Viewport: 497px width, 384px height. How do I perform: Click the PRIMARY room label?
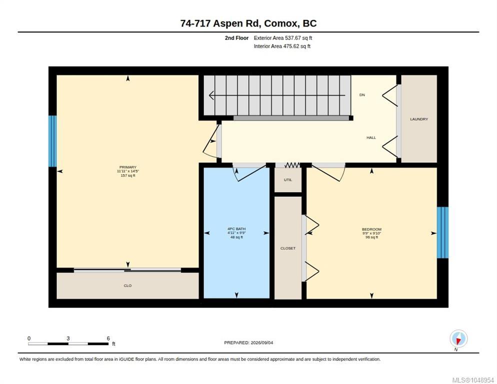click(x=127, y=167)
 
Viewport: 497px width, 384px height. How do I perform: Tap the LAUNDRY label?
click(x=419, y=119)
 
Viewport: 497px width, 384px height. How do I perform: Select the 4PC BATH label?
click(x=236, y=229)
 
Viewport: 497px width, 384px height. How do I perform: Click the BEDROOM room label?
click(x=372, y=229)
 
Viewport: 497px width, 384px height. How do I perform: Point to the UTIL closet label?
click(x=288, y=180)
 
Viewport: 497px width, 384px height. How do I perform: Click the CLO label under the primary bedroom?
click(x=127, y=285)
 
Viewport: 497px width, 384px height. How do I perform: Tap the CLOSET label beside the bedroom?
click(x=288, y=248)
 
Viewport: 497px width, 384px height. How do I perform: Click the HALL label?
click(x=371, y=137)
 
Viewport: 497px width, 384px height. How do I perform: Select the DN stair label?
click(x=362, y=95)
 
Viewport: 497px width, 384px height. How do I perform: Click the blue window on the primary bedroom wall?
click(x=52, y=141)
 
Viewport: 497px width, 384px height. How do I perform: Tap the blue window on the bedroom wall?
click(x=442, y=232)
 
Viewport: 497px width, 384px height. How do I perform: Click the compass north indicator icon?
click(x=458, y=338)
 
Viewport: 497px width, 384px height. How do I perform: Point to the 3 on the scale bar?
click(x=68, y=338)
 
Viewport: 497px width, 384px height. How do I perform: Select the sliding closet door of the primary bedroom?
click(x=127, y=270)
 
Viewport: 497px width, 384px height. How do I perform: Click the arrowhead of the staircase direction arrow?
click(x=211, y=95)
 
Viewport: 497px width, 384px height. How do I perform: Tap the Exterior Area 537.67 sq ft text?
click(x=283, y=38)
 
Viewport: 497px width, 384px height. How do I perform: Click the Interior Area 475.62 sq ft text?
click(x=282, y=46)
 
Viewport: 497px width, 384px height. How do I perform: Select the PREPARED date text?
click(x=248, y=343)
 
